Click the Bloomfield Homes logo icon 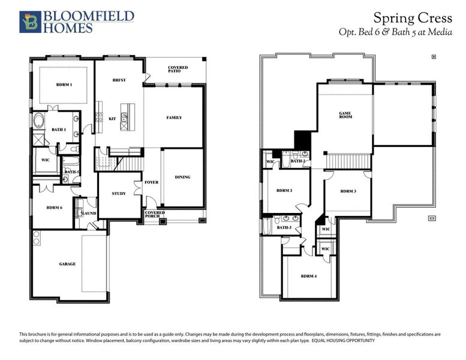coord(28,21)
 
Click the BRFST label coord(119,80)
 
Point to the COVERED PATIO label coord(178,70)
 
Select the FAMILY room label coord(174,118)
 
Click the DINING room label coord(182,177)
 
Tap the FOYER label coord(152,182)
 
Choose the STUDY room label coord(118,193)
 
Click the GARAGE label coord(67,264)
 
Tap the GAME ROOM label coord(345,115)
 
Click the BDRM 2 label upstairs coord(284,191)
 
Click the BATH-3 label coord(284,227)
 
